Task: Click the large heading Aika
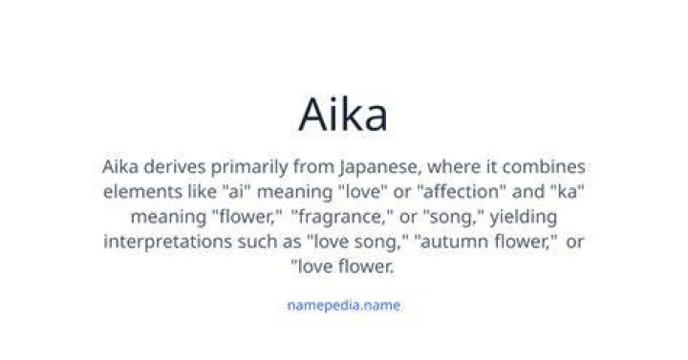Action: (x=343, y=115)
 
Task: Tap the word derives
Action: (x=175, y=167)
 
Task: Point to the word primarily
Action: (x=249, y=168)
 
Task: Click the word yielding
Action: (x=524, y=218)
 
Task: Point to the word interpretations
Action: (x=167, y=242)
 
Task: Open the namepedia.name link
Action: (x=344, y=306)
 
